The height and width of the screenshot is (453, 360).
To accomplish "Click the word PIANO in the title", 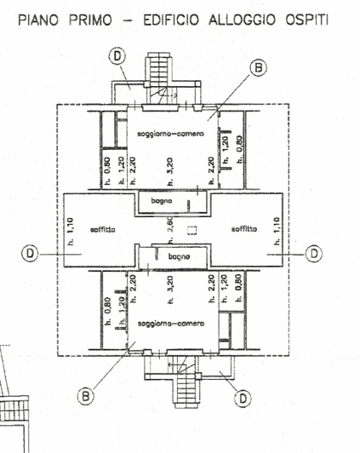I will (x=43, y=18).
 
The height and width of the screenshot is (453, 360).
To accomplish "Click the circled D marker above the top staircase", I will (x=117, y=55).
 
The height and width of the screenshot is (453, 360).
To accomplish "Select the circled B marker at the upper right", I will (x=256, y=67).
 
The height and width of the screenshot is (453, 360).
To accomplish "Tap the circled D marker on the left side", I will (x=31, y=253).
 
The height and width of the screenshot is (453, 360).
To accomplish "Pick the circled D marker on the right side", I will (x=314, y=253).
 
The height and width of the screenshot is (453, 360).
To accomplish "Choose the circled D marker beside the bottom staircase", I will (x=242, y=397).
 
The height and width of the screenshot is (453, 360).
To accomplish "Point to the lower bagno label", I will (x=178, y=256).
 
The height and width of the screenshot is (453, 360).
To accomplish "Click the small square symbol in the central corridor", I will (x=192, y=229).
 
